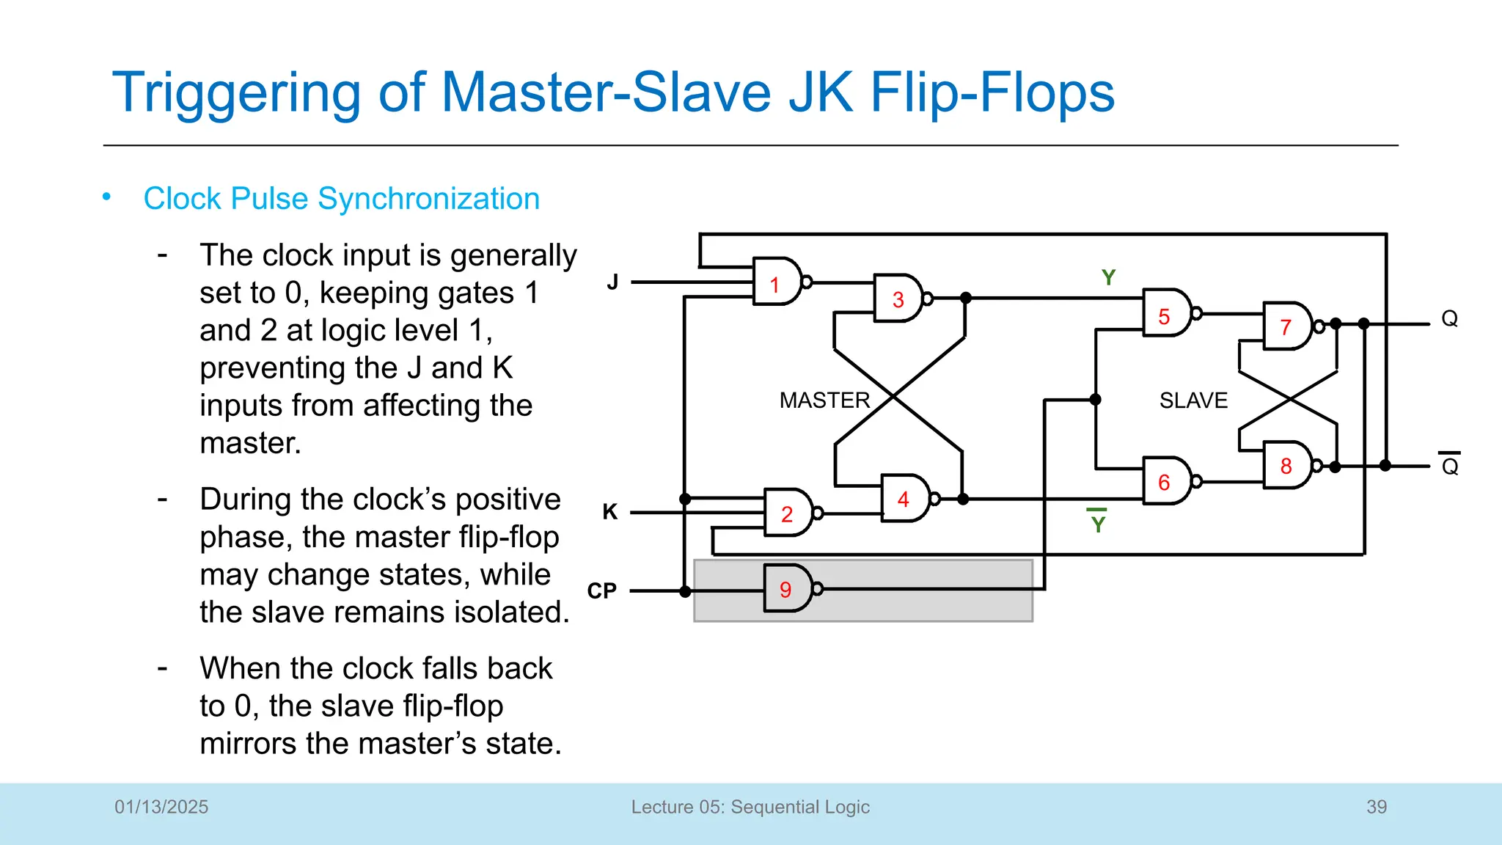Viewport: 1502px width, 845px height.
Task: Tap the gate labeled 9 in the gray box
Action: click(788, 589)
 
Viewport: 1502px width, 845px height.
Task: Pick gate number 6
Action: click(1166, 481)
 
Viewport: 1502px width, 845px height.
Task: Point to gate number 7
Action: click(1287, 326)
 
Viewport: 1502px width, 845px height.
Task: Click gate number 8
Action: click(1287, 465)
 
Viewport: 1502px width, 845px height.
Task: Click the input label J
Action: click(613, 282)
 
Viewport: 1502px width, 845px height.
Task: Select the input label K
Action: click(610, 511)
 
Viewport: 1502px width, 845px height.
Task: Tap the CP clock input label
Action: click(602, 590)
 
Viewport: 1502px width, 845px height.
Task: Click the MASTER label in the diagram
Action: click(824, 400)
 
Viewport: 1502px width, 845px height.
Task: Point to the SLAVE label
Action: click(1193, 400)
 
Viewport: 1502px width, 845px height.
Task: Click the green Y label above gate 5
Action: click(1108, 278)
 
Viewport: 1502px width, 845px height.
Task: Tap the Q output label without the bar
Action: click(1449, 318)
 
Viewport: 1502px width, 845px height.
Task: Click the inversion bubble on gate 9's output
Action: click(818, 588)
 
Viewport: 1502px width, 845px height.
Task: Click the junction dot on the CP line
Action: click(685, 591)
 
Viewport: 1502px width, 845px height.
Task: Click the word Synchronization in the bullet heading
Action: click(429, 199)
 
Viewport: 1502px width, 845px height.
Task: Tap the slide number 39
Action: click(1377, 807)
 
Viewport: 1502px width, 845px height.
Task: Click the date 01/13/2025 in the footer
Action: click(161, 807)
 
